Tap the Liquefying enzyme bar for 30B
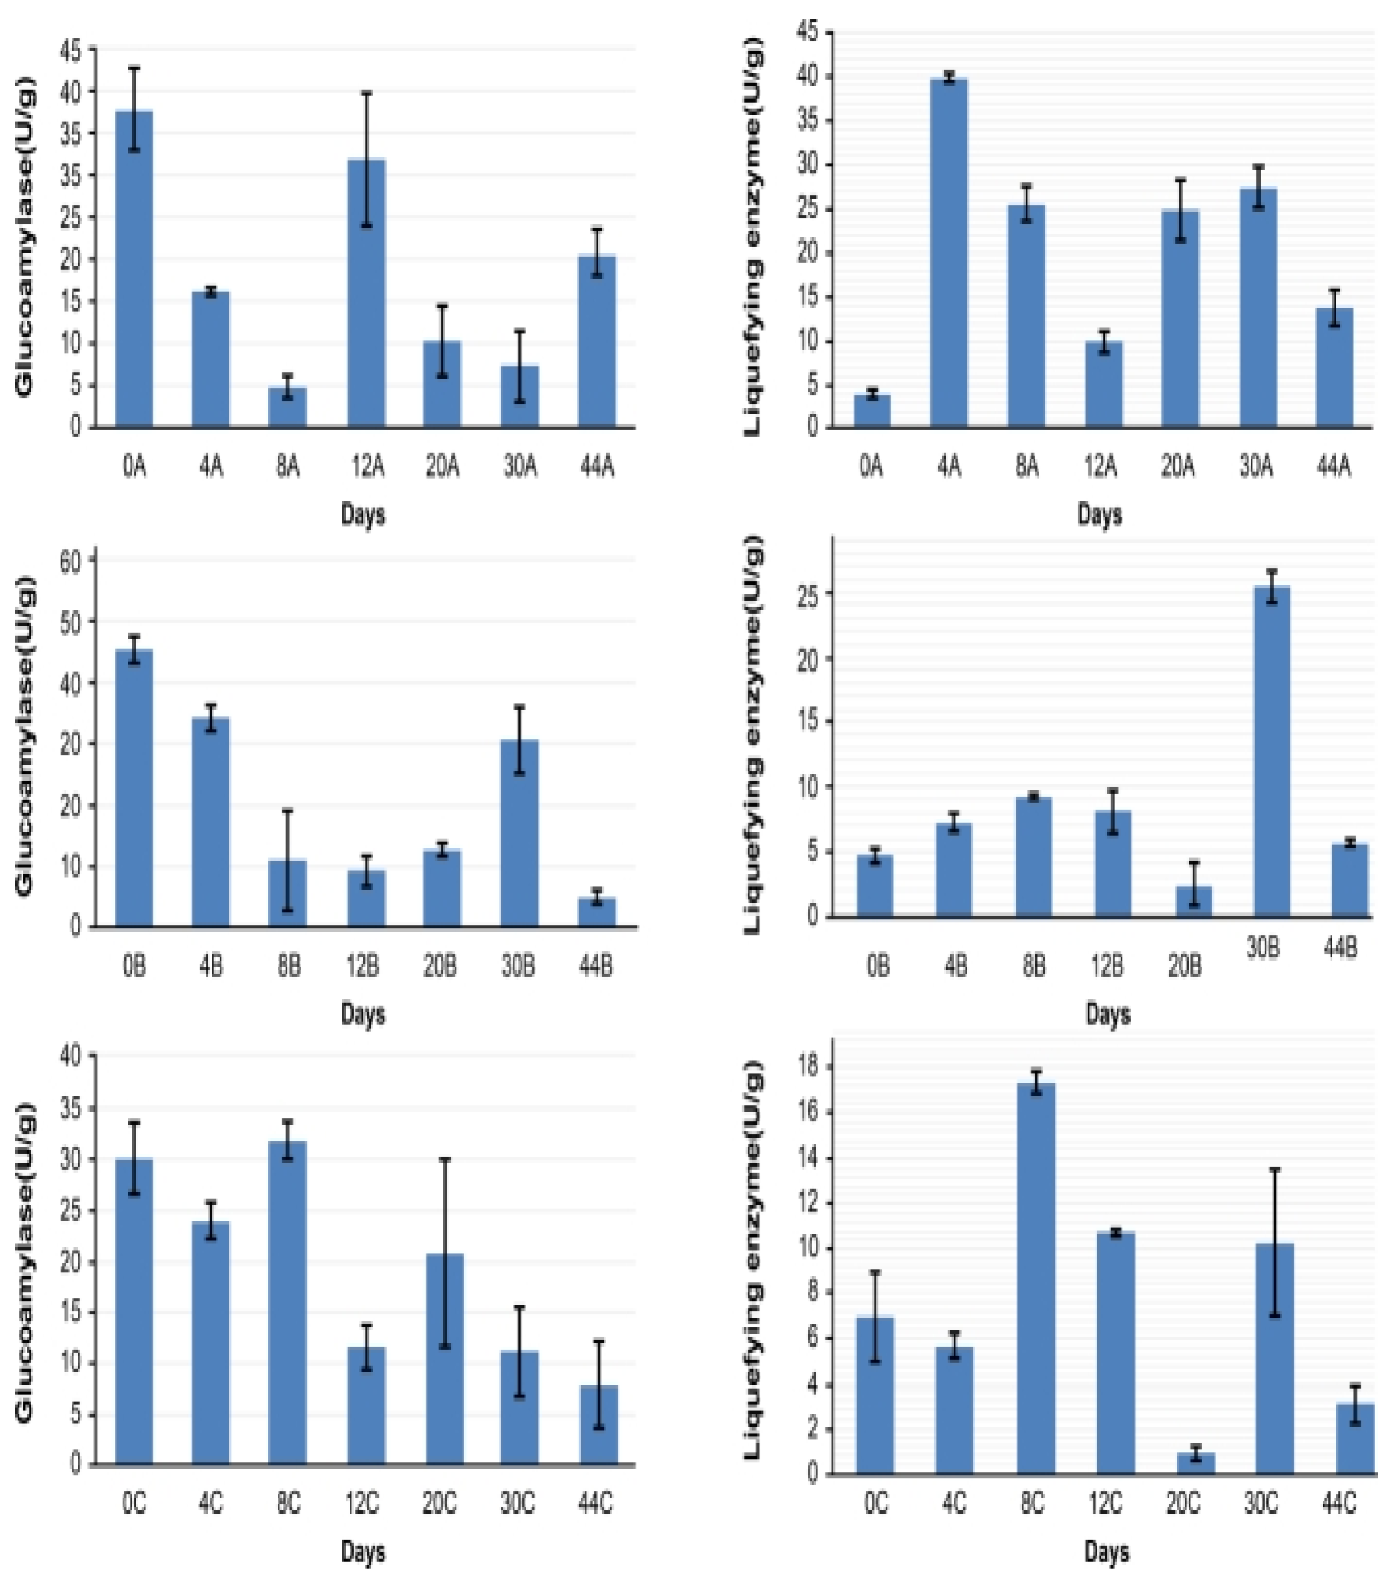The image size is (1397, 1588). pos(1271,751)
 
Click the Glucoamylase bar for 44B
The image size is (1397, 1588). pos(597,912)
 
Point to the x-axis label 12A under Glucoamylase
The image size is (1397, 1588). pos(367,466)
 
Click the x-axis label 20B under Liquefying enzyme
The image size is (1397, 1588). pos(1185,965)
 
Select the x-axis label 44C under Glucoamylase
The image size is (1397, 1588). pos(595,1502)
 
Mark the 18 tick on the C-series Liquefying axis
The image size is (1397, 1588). pos(808,1066)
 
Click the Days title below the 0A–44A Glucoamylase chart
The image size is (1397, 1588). pos(363,514)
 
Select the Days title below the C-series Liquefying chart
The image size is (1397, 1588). pos(1106,1551)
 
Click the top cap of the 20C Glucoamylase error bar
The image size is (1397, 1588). pos(444,1159)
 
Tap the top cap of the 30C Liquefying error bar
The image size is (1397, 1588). pos(1274,1168)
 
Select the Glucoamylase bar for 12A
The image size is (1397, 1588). pos(367,292)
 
